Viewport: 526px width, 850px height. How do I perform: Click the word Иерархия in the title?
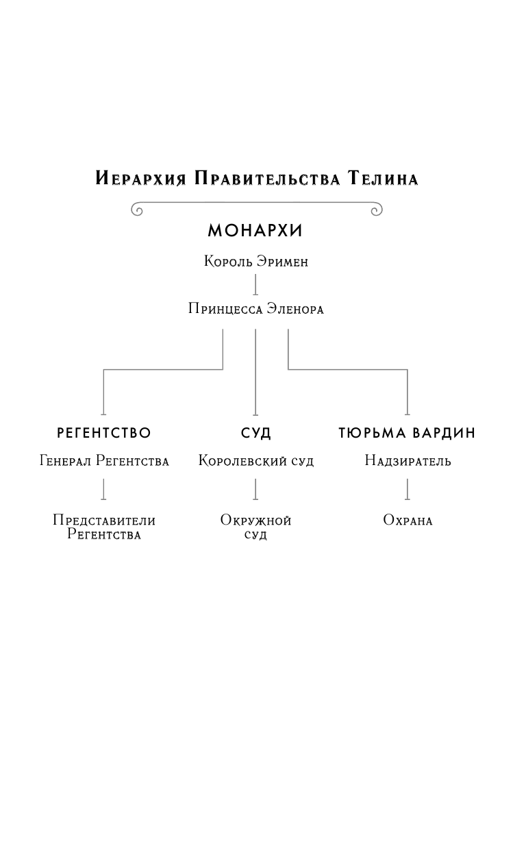(141, 179)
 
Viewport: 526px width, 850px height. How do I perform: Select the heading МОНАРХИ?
(255, 231)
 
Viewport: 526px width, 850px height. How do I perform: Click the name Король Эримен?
(255, 262)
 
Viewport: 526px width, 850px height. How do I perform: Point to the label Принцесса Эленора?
(255, 309)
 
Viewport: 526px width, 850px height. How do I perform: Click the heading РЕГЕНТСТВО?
(103, 433)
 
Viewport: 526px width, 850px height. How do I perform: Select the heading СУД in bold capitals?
(255, 433)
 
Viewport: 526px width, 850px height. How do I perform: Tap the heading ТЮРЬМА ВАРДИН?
(407, 433)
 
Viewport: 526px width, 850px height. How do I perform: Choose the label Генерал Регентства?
(104, 461)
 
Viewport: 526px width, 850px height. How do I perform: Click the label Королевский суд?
(255, 461)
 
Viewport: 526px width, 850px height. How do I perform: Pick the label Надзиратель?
(408, 461)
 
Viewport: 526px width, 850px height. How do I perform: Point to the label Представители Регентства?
(104, 527)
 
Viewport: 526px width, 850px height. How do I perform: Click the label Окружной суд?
(255, 527)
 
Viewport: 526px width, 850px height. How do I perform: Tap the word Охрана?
(408, 521)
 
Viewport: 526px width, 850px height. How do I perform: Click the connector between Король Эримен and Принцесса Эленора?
(255, 285)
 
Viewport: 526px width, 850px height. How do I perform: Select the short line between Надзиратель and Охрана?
(408, 489)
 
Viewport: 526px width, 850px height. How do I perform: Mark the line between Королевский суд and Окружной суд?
(255, 489)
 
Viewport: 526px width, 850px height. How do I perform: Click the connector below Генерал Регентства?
(103, 489)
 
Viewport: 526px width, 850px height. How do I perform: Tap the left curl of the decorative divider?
(137, 210)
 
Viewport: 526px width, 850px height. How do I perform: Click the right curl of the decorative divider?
(376, 210)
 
